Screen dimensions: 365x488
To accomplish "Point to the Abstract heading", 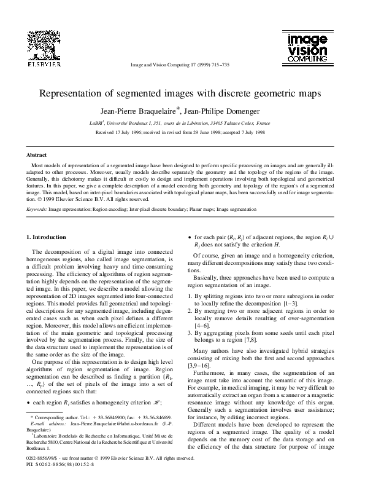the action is point(36,156).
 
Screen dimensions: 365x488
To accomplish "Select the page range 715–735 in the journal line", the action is point(218,64).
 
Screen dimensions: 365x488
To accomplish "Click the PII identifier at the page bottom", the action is point(55,481).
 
